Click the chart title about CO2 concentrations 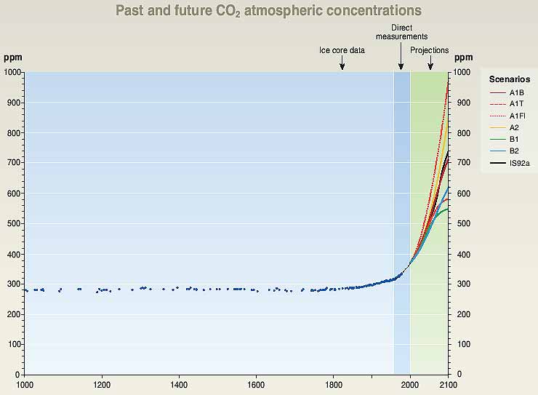(268, 11)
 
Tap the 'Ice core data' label (342, 50)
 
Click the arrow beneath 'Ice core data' (342, 65)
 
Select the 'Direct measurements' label (401, 31)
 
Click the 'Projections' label (430, 50)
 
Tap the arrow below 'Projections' (430, 65)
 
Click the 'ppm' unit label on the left (12, 57)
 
